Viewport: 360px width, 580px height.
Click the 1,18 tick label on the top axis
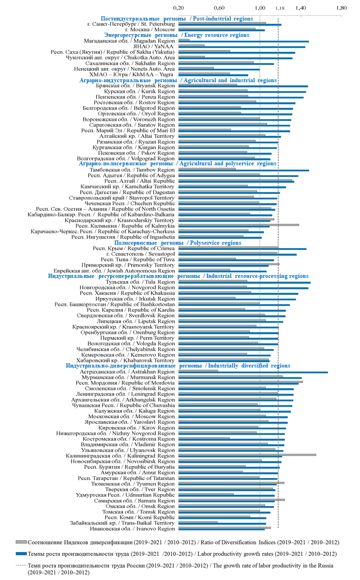[280, 8]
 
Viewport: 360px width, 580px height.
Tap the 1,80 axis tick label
[341, 8]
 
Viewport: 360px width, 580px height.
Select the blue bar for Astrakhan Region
[253, 372]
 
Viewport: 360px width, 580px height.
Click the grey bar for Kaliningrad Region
[247, 454]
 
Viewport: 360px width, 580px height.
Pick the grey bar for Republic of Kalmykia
[239, 225]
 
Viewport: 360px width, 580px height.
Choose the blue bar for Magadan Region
[243, 42]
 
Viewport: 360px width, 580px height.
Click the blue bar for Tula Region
[244, 283]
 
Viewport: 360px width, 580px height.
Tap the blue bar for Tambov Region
[244, 170]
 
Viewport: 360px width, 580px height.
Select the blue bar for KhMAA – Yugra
[213, 75]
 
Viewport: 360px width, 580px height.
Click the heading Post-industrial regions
[177, 19]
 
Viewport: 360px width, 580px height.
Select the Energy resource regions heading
[176, 35]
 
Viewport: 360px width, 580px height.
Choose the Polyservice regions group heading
[178, 243]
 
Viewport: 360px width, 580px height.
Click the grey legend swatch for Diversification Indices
[21, 542]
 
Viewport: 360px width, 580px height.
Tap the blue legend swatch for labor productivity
[21, 554]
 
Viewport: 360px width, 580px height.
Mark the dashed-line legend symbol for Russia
[21, 565]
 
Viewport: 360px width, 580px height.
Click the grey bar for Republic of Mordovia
[240, 382]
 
